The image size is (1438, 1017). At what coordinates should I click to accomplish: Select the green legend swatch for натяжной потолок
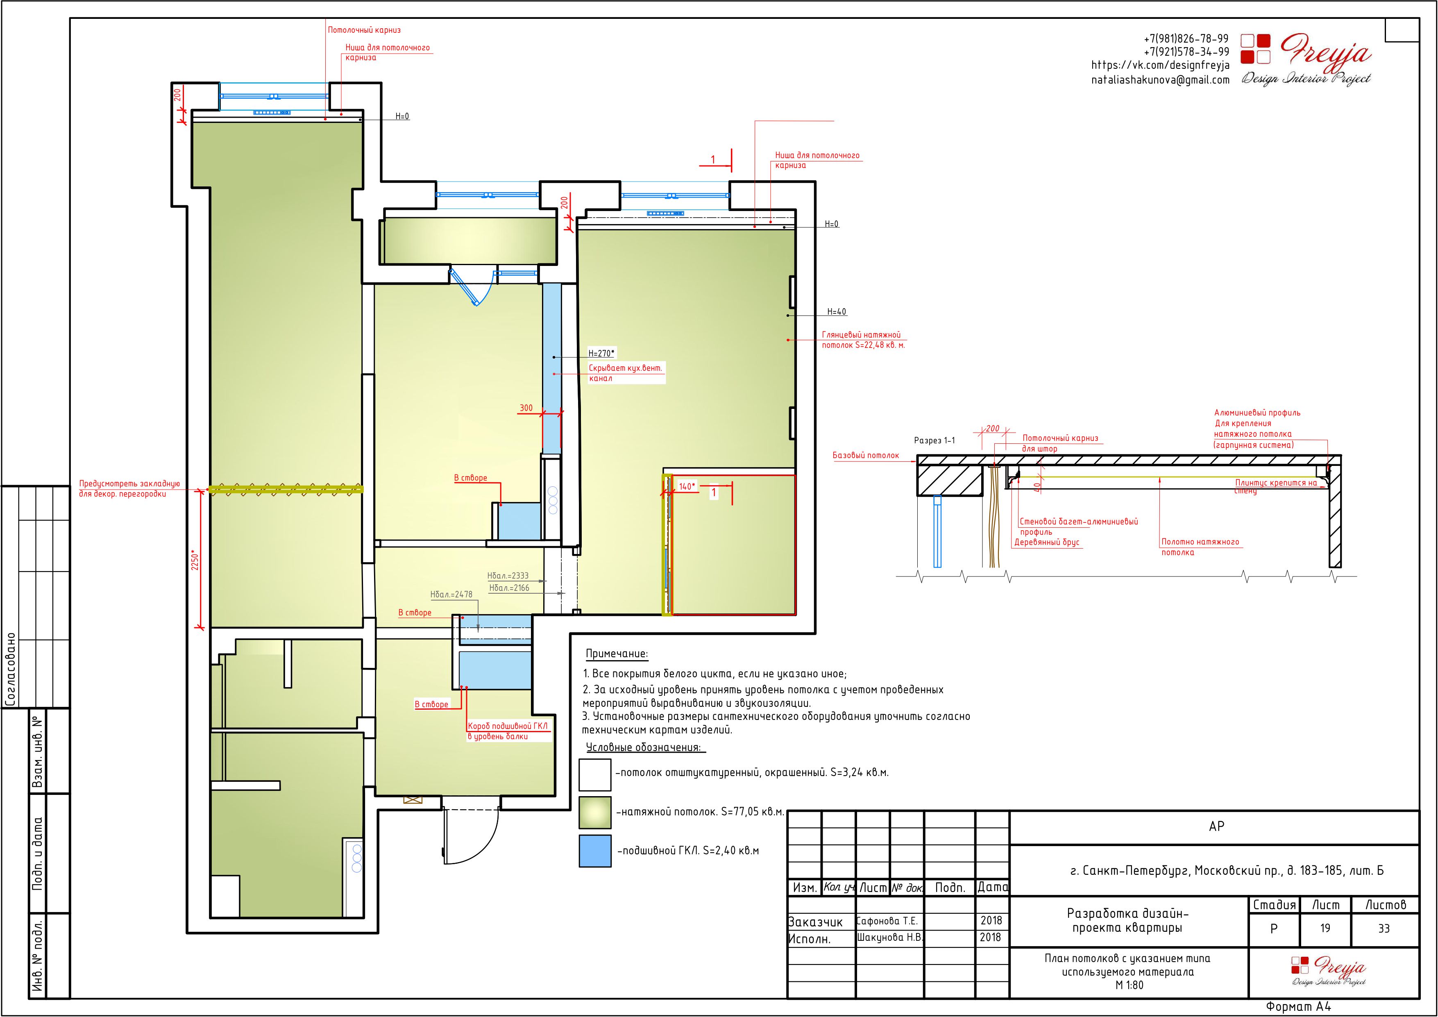pos(595,812)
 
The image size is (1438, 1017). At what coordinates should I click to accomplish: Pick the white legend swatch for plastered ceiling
pos(595,775)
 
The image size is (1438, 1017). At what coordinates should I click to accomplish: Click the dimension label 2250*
pos(195,560)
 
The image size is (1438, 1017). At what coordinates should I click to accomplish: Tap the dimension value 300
pos(526,408)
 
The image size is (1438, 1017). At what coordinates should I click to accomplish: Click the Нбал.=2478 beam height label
pos(451,594)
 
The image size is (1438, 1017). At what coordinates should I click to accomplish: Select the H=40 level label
pos(837,312)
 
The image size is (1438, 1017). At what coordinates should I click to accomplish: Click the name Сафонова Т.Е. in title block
pos(887,921)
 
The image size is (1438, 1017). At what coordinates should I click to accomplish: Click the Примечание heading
pos(617,654)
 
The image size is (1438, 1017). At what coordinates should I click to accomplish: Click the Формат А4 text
pos(1298,1006)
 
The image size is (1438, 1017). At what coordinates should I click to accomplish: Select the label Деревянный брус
pos(1047,543)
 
